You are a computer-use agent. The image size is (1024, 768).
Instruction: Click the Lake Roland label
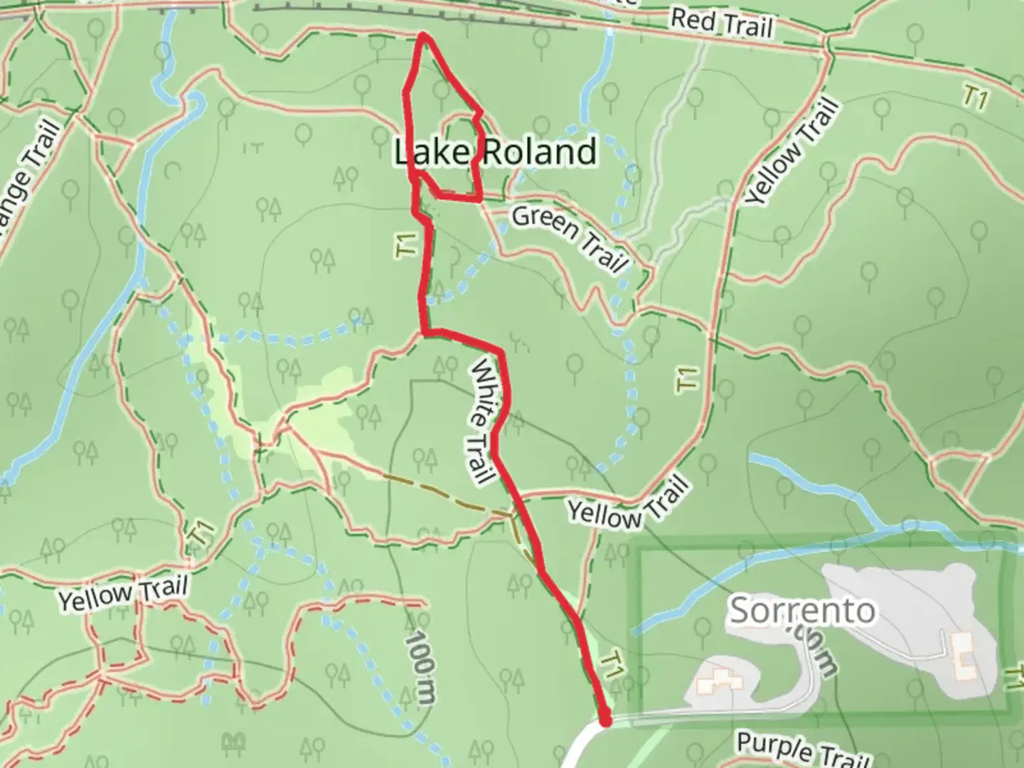point(496,152)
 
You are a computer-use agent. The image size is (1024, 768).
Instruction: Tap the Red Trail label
point(721,23)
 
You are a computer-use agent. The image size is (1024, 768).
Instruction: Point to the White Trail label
point(482,421)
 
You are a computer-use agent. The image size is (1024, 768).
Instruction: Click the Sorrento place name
point(802,610)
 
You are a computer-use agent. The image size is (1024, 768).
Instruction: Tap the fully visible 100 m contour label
point(420,668)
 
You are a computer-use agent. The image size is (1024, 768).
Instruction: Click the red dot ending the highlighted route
point(606,721)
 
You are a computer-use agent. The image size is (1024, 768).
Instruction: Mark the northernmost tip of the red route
point(424,34)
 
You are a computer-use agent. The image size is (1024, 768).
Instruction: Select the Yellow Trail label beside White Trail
point(629,504)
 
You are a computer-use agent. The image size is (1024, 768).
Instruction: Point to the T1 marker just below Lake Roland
point(407,247)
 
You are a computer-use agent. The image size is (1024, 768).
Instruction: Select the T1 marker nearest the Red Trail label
point(976,98)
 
